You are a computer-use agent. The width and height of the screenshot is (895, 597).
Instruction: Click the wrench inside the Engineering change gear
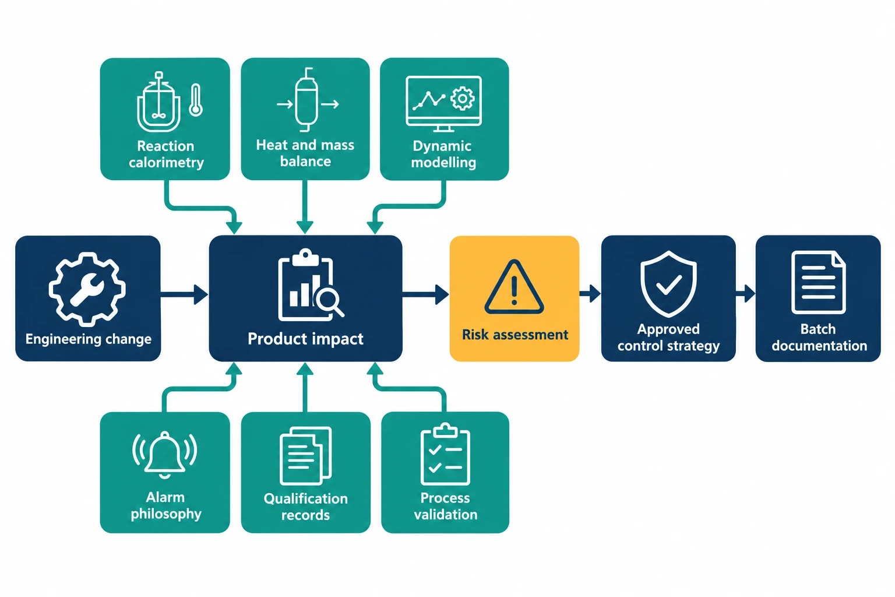pyautogui.click(x=87, y=289)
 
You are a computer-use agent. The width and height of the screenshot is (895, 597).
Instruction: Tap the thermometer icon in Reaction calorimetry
pyautogui.click(x=195, y=100)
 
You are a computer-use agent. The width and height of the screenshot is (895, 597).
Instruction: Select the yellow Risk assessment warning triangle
pyautogui.click(x=515, y=286)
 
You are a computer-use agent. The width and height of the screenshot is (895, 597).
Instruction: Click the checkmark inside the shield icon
pyautogui.click(x=668, y=285)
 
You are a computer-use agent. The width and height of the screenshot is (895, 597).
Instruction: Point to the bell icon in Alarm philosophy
pyautogui.click(x=165, y=455)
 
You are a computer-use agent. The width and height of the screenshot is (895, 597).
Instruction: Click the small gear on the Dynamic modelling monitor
pyautogui.click(x=462, y=99)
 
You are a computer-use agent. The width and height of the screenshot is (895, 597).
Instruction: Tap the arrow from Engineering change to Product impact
pyautogui.click(x=184, y=294)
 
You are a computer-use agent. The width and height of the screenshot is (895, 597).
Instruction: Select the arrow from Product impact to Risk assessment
pyautogui.click(x=425, y=294)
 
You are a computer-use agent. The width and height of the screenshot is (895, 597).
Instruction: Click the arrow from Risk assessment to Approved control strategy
pyautogui.click(x=590, y=294)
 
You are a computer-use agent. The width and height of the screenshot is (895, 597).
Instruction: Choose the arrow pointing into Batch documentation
pyautogui.click(x=746, y=294)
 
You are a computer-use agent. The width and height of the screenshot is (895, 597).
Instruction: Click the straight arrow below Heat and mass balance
pyautogui.click(x=305, y=207)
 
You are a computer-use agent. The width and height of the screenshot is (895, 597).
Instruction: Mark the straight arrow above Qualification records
pyautogui.click(x=305, y=387)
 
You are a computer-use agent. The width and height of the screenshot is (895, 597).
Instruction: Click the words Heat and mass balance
pyautogui.click(x=305, y=153)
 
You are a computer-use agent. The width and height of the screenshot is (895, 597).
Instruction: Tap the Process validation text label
pyautogui.click(x=446, y=506)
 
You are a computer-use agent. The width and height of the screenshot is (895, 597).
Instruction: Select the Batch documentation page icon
pyautogui.click(x=818, y=282)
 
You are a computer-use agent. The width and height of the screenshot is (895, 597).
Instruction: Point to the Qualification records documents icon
pyautogui.click(x=306, y=456)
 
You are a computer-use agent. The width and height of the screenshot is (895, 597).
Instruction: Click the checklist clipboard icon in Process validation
pyautogui.click(x=445, y=454)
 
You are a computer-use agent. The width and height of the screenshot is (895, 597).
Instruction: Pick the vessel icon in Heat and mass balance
pyautogui.click(x=307, y=100)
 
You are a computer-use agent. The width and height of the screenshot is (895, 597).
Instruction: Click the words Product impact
pyautogui.click(x=305, y=339)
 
